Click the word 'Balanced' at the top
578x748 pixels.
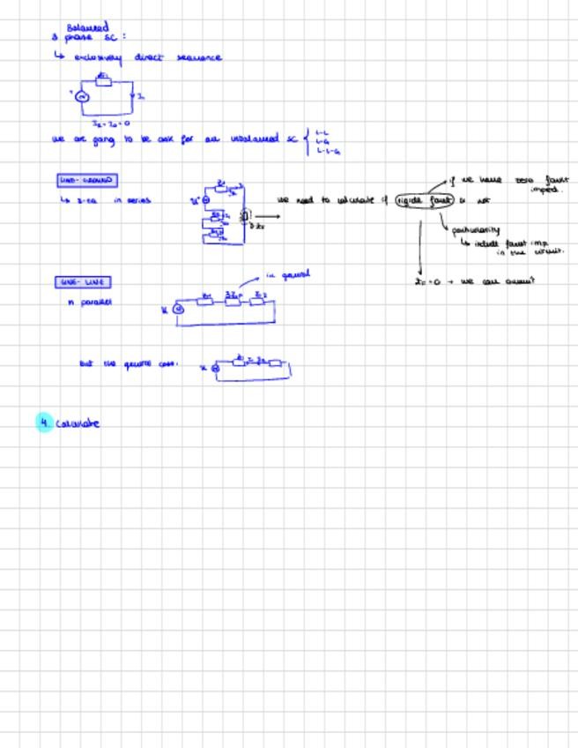tap(87, 27)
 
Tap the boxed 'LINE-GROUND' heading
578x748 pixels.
tap(85, 181)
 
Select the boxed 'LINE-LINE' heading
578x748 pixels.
tap(83, 282)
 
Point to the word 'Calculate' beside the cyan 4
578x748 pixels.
tap(78, 423)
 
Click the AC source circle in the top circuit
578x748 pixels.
tap(81, 97)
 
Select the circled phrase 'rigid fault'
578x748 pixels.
tap(423, 200)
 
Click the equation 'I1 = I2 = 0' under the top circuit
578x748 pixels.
tap(111, 123)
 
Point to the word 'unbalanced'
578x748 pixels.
tap(255, 138)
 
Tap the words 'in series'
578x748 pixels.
tap(132, 201)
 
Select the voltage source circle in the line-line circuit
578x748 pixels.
tap(177, 309)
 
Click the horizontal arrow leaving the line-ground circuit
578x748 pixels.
tap(265, 214)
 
